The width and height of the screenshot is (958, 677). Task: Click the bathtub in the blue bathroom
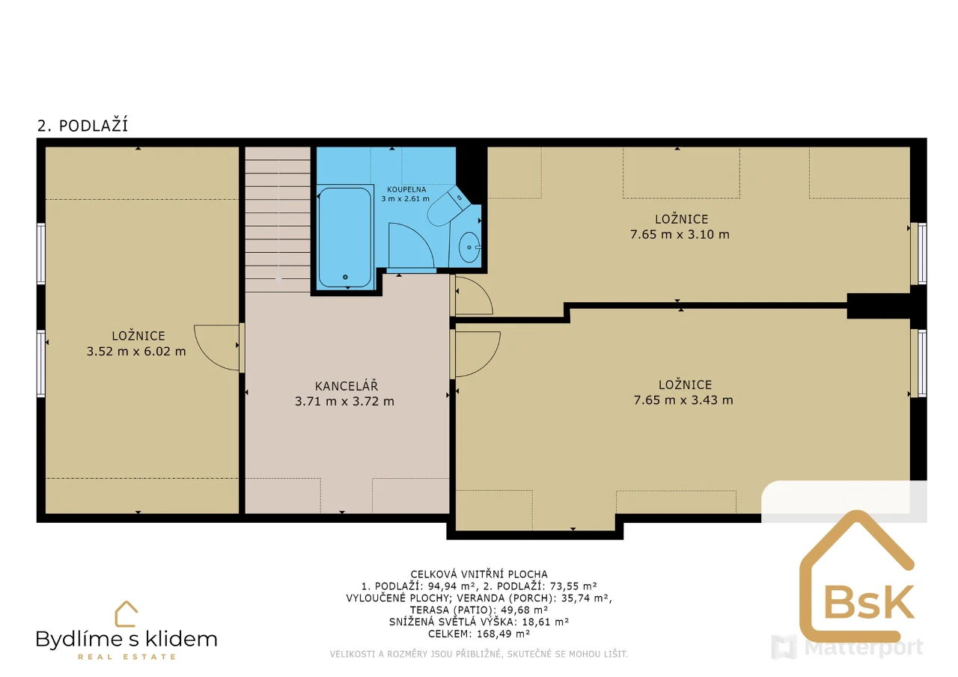pyautogui.click(x=345, y=238)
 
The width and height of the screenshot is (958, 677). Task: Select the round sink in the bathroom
pyautogui.click(x=469, y=247)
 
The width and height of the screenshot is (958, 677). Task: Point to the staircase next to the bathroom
pyautogui.click(x=278, y=220)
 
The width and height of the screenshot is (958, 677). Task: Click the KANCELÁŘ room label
pyautogui.click(x=347, y=386)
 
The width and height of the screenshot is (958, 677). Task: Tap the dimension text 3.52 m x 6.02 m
pyautogui.click(x=136, y=352)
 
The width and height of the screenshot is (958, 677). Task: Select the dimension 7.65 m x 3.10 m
pyautogui.click(x=680, y=234)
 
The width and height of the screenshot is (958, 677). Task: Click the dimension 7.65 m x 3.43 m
pyautogui.click(x=683, y=400)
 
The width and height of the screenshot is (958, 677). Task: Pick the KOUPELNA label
pyautogui.click(x=406, y=189)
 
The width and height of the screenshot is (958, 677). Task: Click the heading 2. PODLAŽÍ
pyautogui.click(x=82, y=126)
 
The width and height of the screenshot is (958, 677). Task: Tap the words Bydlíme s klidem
pyautogui.click(x=126, y=640)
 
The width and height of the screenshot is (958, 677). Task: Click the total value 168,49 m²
pyautogui.click(x=504, y=634)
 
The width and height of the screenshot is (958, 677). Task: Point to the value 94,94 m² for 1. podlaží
pyautogui.click(x=451, y=586)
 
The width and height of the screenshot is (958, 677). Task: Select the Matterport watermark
pyautogui.click(x=847, y=647)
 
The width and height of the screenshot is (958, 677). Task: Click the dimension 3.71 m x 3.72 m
pyautogui.click(x=344, y=401)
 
